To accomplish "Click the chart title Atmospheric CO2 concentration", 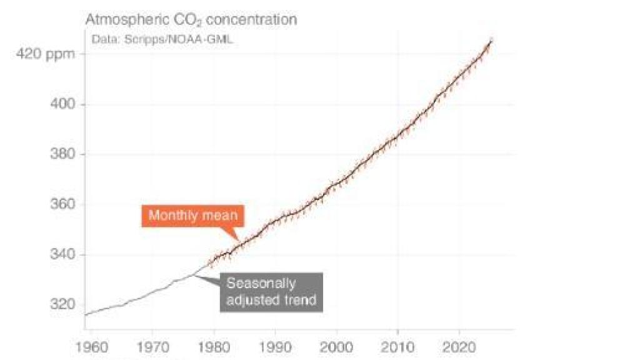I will coord(191,19).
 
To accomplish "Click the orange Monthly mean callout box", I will coord(192,216).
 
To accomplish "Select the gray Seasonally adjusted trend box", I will coord(271,291).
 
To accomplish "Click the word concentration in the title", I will coord(253,19).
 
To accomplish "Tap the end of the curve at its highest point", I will coord(491,40).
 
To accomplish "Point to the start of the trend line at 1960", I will coord(86,314).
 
